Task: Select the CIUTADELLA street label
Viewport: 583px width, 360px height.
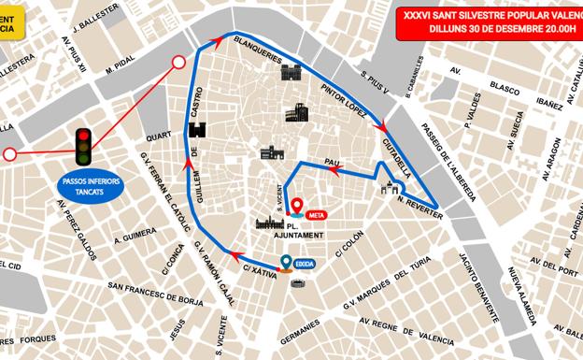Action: pos(397,152)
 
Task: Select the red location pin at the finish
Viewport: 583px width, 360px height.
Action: pos(297,206)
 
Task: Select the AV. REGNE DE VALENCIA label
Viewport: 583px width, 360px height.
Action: pos(448,329)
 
